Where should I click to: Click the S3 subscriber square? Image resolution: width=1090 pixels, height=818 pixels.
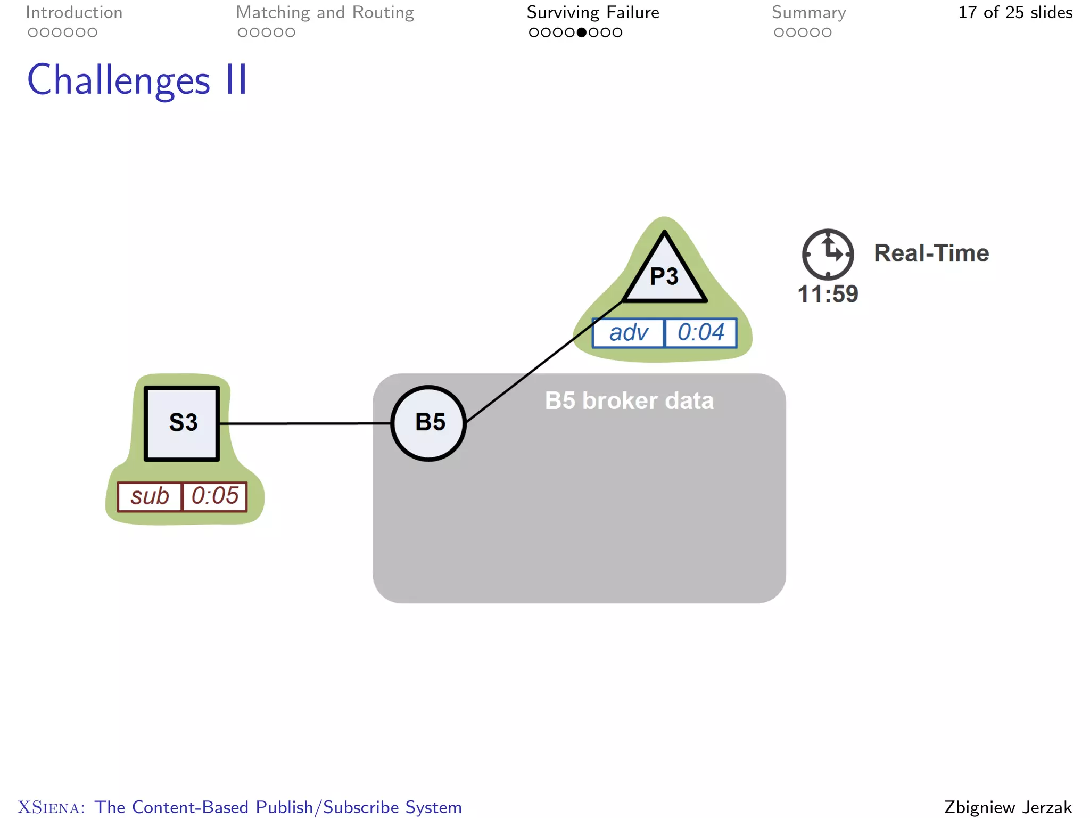tap(182, 423)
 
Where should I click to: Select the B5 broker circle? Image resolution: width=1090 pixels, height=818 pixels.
tap(429, 423)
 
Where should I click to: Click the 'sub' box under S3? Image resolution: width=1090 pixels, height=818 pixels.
tap(150, 496)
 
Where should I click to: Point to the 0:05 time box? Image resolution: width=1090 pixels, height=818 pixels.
tap(215, 496)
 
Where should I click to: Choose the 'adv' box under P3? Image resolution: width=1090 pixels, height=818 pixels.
tap(629, 333)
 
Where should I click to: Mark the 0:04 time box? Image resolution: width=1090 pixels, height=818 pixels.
tap(701, 333)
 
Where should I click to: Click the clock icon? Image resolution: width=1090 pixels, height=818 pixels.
tap(828, 255)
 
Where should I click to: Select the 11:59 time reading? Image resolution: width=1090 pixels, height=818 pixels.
tap(828, 294)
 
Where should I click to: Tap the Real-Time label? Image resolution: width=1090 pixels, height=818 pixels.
tap(931, 253)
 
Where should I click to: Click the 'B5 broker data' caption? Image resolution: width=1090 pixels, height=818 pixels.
tap(629, 401)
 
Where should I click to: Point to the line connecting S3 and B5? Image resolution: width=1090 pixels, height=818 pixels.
tap(305, 423)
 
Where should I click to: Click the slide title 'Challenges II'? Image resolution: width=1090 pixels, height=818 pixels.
tap(137, 80)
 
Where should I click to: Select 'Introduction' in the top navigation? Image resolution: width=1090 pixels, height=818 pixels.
tap(74, 13)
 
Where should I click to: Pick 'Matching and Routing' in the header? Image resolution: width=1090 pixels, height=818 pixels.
tap(325, 13)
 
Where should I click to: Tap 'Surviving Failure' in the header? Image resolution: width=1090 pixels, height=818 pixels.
tap(593, 13)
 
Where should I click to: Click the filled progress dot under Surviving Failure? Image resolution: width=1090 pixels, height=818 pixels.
tap(582, 32)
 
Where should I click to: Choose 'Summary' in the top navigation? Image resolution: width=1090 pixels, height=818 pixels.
tap(808, 13)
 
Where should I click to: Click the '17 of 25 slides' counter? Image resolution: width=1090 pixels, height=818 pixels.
tap(1015, 13)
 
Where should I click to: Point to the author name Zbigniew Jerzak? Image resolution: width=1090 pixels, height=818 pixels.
tap(1008, 807)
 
